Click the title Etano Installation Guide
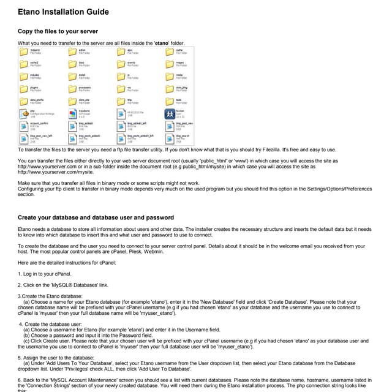(x=63, y=12)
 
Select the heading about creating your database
(x=96, y=217)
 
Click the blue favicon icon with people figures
(x=170, y=114)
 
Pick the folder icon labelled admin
(x=73, y=52)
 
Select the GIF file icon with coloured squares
(x=73, y=113)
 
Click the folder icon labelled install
(x=73, y=77)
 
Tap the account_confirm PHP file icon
(x=24, y=126)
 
